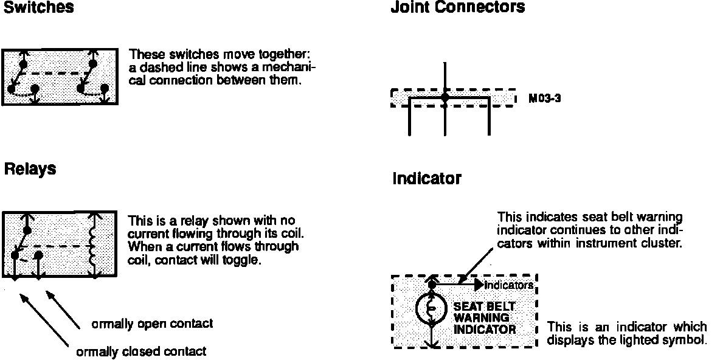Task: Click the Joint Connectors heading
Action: point(457,8)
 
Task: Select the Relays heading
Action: point(30,169)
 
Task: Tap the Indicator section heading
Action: point(426,179)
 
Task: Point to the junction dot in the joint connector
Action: point(445,97)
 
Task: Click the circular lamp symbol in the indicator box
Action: point(432,309)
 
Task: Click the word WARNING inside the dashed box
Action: point(481,318)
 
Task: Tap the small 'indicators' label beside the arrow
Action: point(509,285)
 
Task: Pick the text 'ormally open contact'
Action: point(152,324)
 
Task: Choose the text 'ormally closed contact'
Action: point(141,351)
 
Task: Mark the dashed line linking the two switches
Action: point(58,74)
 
